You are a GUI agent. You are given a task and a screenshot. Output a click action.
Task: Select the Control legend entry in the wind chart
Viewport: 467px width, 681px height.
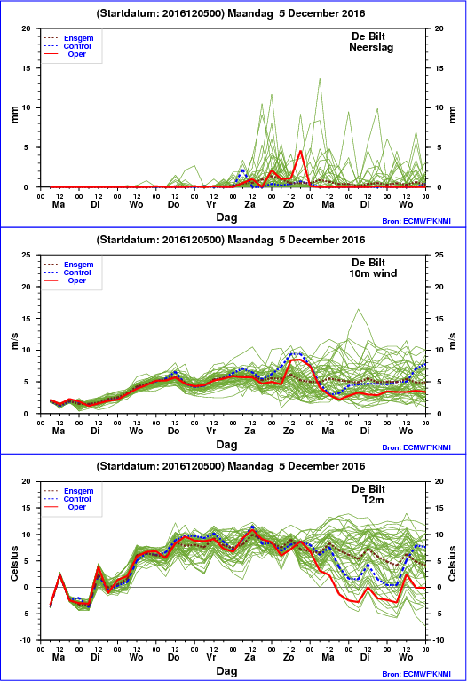click(67, 273)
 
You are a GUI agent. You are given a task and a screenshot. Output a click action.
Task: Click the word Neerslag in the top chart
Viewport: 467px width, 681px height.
click(371, 47)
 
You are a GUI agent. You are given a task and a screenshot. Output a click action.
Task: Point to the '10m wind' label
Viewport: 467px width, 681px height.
click(373, 273)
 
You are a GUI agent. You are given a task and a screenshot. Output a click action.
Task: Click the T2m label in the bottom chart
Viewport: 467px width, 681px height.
click(373, 500)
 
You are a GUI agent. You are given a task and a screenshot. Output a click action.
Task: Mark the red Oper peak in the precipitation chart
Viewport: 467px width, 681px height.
click(300, 151)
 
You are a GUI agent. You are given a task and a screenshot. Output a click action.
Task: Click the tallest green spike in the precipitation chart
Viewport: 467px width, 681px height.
click(320, 79)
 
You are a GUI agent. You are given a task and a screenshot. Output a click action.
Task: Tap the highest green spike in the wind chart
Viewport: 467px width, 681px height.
click(359, 309)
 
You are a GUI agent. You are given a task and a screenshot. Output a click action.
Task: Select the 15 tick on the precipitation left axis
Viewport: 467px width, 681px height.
click(27, 68)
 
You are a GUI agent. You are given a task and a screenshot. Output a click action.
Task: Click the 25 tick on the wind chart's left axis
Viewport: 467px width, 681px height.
click(27, 255)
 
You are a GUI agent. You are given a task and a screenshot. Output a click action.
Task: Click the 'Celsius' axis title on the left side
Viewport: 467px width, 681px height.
click(14, 563)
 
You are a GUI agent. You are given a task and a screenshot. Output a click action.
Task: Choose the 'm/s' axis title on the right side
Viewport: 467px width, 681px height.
click(452, 341)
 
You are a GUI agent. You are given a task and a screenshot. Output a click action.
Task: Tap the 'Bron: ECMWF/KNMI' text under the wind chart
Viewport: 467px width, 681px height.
click(416, 447)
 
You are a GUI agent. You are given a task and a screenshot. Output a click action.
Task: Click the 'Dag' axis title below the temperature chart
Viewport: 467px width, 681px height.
click(226, 671)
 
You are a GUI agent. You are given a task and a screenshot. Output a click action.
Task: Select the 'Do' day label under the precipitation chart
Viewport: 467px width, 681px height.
click(174, 204)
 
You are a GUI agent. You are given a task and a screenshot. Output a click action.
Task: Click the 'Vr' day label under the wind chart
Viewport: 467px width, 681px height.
click(211, 431)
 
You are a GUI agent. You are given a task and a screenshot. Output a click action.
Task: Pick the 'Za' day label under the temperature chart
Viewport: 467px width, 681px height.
click(249, 657)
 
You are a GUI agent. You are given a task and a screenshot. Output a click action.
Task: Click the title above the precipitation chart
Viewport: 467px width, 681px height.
click(231, 13)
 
